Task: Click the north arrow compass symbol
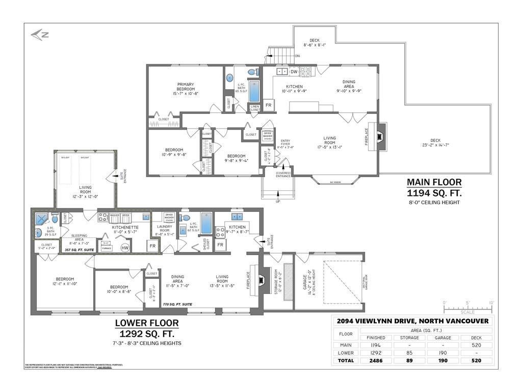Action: click(39, 35)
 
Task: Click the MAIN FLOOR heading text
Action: click(434, 182)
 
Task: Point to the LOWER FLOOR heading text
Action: click(146, 323)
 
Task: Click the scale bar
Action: click(467, 307)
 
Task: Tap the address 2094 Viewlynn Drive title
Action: click(413, 321)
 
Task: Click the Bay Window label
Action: click(335, 182)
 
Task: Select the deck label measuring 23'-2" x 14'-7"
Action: click(435, 143)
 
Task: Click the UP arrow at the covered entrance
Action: click(278, 194)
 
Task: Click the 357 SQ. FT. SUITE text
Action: click(75, 251)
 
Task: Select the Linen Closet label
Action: click(254, 108)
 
